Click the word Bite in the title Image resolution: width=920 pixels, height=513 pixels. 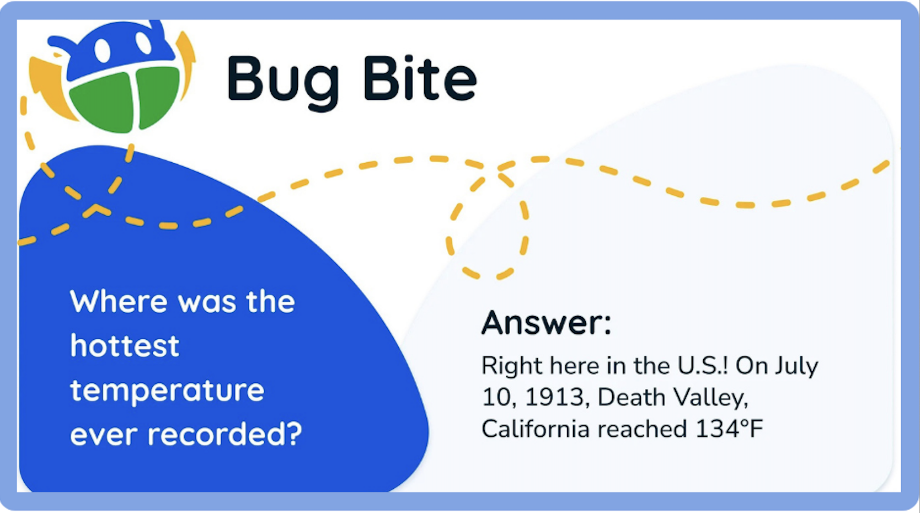pyautogui.click(x=420, y=78)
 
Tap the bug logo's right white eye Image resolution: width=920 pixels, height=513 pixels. pyautogui.click(x=143, y=42)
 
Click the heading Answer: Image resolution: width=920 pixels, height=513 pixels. pyautogui.click(x=546, y=323)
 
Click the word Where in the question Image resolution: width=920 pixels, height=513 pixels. pyautogui.click(x=119, y=302)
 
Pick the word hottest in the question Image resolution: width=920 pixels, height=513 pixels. pyautogui.click(x=125, y=346)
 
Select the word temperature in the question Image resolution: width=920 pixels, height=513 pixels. pyautogui.click(x=168, y=392)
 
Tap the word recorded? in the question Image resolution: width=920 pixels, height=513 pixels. pyautogui.click(x=225, y=434)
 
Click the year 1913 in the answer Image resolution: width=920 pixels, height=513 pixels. pyautogui.click(x=557, y=398)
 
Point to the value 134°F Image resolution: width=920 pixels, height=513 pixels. pyautogui.click(x=729, y=429)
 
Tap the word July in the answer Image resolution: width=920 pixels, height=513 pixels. pyautogui.click(x=797, y=366)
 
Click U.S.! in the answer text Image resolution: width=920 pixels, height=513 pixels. pyautogui.click(x=702, y=366)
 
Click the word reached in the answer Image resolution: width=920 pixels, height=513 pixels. pyautogui.click(x=643, y=429)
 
